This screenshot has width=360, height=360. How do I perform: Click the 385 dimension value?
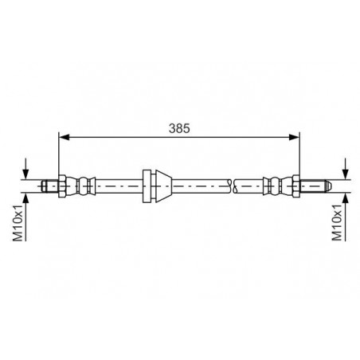pyautogui.click(x=179, y=128)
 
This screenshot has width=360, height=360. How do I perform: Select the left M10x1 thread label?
pyautogui.click(x=18, y=223)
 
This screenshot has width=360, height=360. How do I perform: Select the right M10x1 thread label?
pyautogui.click(x=337, y=222)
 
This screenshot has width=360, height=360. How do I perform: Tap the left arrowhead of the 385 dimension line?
pyautogui.click(x=64, y=137)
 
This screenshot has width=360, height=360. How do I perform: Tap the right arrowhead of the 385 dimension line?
pyautogui.click(x=294, y=137)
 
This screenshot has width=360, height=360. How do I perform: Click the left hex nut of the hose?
pyautogui.click(x=62, y=186)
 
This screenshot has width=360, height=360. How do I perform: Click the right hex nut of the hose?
pyautogui.click(x=296, y=186)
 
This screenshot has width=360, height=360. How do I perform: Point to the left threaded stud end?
pyautogui.click(x=50, y=186)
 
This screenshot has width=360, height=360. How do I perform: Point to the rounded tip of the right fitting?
pyautogui.click(x=327, y=186)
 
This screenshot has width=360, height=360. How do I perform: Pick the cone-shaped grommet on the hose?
pyautogui.click(x=164, y=186)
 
